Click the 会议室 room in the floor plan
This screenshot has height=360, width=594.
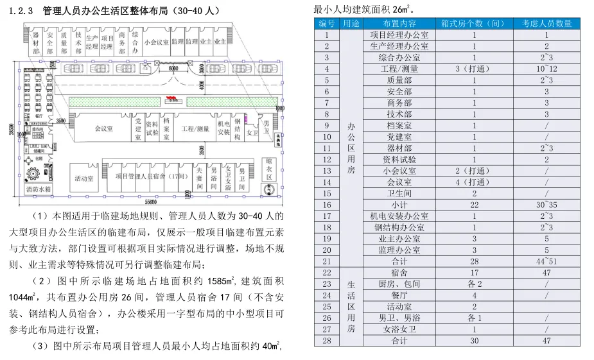[103, 128]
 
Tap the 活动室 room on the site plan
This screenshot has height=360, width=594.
[85, 178]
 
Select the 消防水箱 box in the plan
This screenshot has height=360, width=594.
[38, 191]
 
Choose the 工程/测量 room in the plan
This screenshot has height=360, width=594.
[195, 128]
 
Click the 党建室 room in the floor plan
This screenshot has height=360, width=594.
[138, 128]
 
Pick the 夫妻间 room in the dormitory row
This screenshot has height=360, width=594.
[200, 177]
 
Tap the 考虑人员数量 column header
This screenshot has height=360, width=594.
[547, 24]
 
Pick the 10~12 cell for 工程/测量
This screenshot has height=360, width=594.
[547, 69]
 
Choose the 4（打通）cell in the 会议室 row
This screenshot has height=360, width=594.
[475, 182]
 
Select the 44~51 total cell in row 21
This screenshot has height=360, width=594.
[547, 261]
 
